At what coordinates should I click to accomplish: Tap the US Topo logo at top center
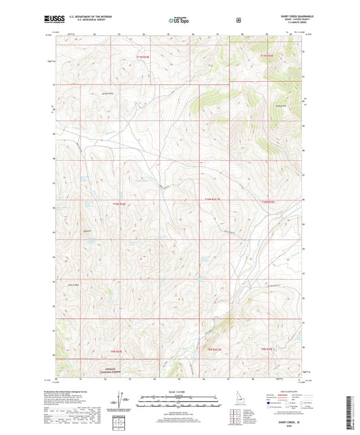click(178, 21)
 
